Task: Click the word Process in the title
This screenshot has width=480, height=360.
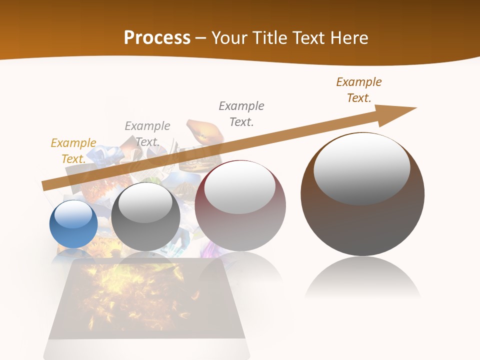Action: [157, 38]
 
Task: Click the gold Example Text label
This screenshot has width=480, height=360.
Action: [73, 151]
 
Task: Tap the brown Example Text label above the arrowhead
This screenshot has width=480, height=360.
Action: [358, 90]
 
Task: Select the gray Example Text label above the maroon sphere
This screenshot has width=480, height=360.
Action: [241, 114]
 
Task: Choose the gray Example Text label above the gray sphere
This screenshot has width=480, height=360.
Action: [147, 134]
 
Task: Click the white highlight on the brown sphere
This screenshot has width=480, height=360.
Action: [361, 169]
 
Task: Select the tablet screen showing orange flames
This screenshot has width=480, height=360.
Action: [145, 297]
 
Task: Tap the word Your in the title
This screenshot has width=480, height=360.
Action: [229, 38]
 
